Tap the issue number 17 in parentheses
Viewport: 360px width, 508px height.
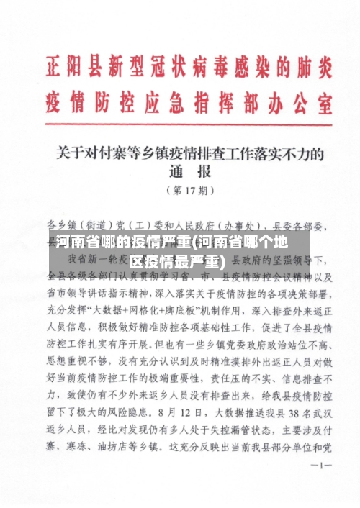pyautogui.click(x=190, y=191)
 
